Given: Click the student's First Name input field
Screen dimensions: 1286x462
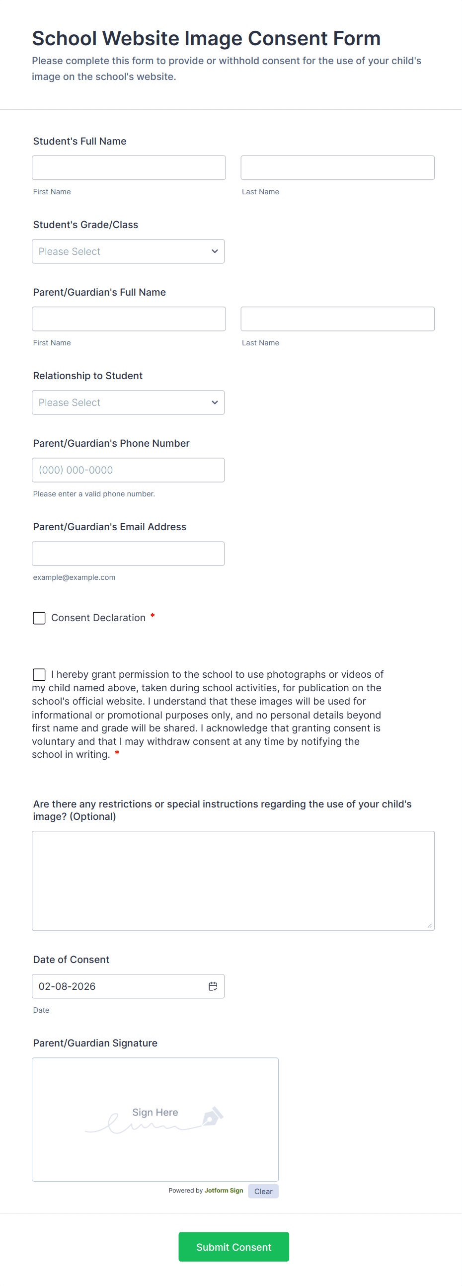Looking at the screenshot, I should click(129, 168).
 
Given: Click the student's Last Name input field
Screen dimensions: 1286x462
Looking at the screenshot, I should click(337, 168).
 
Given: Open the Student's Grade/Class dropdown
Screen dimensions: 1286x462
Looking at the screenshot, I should click(128, 251).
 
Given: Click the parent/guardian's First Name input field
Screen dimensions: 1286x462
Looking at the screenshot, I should click(129, 319).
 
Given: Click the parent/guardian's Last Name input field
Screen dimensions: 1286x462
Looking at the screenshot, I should click(337, 319).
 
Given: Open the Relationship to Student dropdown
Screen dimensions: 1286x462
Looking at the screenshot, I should click(128, 402).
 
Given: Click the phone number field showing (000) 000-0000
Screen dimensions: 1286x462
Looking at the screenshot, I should click(128, 470).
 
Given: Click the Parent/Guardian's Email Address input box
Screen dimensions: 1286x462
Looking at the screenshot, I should click(128, 554).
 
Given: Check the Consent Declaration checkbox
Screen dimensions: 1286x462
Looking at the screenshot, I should click(39, 618).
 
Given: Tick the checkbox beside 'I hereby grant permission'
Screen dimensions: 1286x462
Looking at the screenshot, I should click(39, 674).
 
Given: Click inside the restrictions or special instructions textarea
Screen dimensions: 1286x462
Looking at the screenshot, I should click(233, 881).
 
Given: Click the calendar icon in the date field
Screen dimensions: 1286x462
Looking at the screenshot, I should click(213, 986).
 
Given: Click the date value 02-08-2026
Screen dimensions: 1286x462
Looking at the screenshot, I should click(68, 986).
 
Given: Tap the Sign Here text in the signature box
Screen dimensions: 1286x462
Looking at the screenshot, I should click(155, 1112).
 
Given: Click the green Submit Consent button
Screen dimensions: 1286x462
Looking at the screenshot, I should click(233, 1247).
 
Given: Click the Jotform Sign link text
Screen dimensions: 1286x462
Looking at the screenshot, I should click(224, 1191).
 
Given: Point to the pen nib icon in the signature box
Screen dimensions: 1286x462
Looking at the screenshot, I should click(213, 1116).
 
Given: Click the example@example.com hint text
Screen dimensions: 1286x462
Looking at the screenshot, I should click(75, 577).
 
